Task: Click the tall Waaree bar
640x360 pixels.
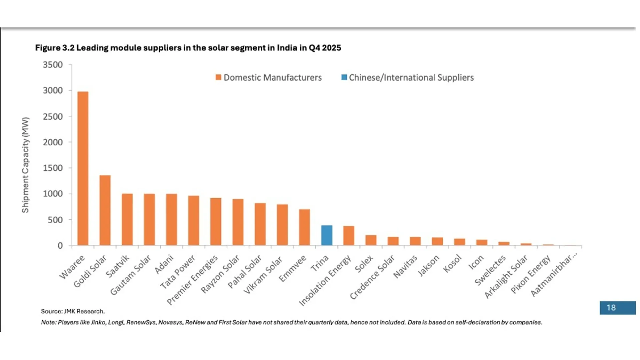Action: tap(83, 168)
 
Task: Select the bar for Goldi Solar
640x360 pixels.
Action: tap(105, 210)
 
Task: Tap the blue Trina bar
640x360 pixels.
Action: tap(327, 235)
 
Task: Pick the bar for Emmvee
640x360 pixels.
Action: tap(304, 227)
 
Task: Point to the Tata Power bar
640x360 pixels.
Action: tap(194, 220)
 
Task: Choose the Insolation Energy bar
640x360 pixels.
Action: tap(349, 236)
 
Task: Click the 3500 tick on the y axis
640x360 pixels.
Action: tap(53, 65)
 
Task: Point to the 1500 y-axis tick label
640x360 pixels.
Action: tap(53, 168)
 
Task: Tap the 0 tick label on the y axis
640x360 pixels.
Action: tap(60, 246)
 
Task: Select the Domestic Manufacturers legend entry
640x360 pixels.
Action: tap(269, 78)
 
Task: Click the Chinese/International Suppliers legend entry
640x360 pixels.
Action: tap(407, 78)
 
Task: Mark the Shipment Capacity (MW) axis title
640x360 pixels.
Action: tap(25, 165)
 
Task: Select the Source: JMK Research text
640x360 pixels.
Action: tap(73, 311)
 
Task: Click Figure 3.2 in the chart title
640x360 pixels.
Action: tap(55, 48)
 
